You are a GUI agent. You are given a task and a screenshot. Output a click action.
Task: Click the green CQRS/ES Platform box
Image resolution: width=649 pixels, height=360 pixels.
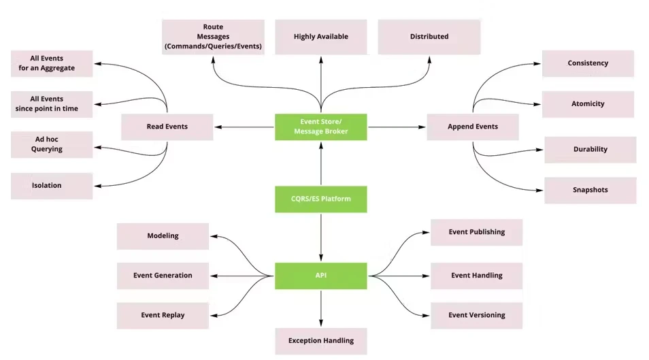(321, 199)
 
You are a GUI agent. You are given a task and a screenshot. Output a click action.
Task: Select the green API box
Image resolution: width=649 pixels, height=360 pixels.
(321, 276)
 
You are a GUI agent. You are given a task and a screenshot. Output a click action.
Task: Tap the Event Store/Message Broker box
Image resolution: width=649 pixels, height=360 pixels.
(321, 127)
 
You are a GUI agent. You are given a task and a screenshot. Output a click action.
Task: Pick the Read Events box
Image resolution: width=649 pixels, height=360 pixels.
(167, 127)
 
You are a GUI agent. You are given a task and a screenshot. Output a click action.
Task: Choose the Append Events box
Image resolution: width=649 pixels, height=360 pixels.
(473, 127)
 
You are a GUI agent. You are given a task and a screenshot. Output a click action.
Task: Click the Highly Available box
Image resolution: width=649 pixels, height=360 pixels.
(321, 37)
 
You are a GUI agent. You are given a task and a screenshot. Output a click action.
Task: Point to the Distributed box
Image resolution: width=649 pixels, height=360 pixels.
(429, 37)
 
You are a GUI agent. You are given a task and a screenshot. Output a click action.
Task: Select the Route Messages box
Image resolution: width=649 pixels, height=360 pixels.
(213, 37)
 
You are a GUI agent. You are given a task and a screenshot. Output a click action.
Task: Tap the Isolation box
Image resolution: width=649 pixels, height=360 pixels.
(52, 186)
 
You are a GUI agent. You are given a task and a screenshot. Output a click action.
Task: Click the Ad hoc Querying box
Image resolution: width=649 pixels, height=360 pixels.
(52, 144)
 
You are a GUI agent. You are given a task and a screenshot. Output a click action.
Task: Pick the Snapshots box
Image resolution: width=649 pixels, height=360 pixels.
(590, 190)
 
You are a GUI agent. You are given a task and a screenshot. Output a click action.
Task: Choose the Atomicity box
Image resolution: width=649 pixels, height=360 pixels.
(588, 104)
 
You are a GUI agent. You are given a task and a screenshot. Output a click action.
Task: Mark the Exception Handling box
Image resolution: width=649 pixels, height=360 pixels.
(321, 342)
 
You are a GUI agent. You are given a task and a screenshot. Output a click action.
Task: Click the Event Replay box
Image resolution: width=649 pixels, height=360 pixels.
(163, 316)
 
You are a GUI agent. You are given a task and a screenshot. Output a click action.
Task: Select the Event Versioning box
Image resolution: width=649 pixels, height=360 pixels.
(476, 316)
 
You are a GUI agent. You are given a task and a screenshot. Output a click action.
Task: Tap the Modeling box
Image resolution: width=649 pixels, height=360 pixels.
(163, 236)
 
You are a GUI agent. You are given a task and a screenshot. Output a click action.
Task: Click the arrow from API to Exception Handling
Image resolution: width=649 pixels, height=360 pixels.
(321, 309)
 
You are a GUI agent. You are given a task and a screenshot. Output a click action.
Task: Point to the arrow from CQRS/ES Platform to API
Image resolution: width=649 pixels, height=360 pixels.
(321, 238)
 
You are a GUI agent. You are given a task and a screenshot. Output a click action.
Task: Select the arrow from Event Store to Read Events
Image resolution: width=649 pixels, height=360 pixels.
(244, 127)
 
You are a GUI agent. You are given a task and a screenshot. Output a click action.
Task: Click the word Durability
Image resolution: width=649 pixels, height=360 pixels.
(590, 149)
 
